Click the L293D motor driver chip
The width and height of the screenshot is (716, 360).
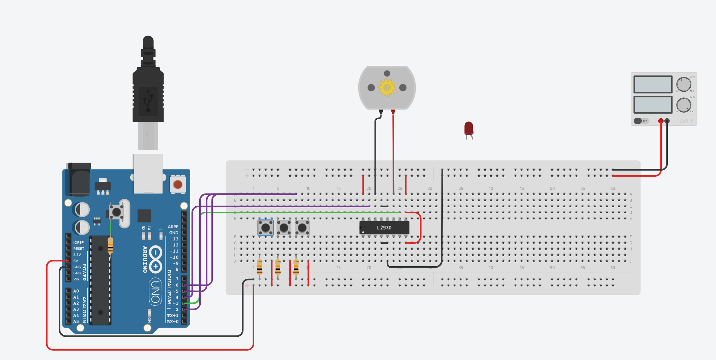tap(384, 228)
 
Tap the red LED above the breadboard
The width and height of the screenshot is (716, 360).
tap(468, 128)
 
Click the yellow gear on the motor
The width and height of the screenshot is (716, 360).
tap(387, 88)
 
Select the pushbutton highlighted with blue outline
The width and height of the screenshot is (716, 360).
tap(266, 228)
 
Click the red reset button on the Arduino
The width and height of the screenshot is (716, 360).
tap(178, 184)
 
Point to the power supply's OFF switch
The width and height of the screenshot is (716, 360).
tap(640, 121)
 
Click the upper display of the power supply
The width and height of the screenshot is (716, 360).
tap(653, 84)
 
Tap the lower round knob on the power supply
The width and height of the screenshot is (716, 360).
tap(684, 105)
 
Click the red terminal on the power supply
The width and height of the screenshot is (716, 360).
tap(661, 121)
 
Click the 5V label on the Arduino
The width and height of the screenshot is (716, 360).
tap(76, 261)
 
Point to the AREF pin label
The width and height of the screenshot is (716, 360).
tap(173, 227)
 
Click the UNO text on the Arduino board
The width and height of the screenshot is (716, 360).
tap(155, 292)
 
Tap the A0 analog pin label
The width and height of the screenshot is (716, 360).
tap(76, 291)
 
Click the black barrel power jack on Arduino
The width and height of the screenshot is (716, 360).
tap(80, 180)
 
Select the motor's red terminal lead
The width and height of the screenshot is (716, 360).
tap(393, 112)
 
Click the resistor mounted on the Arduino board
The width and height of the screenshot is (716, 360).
tap(110, 245)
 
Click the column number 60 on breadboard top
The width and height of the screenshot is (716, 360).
tap(612, 188)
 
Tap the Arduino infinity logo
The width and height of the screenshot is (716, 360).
tap(155, 259)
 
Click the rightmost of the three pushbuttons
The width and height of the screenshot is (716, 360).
tap(302, 228)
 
